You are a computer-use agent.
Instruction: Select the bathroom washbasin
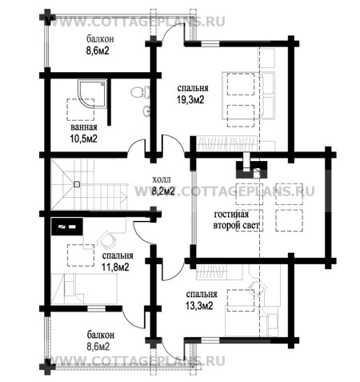click(146, 111)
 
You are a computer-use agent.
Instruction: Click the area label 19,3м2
click(190, 100)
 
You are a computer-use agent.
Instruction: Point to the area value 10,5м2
click(83, 139)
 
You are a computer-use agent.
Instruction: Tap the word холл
click(161, 179)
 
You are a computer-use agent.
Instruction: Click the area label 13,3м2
click(199, 306)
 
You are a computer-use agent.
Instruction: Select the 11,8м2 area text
click(115, 267)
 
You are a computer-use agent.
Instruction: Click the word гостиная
click(231, 214)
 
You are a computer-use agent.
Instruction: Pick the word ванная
click(84, 127)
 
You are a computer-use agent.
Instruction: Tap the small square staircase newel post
click(77, 184)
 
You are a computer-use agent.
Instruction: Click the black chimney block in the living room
click(251, 169)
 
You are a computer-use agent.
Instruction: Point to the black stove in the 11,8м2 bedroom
click(67, 227)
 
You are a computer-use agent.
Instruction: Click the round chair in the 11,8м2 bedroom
click(108, 240)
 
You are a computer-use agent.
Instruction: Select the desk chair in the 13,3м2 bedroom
click(258, 288)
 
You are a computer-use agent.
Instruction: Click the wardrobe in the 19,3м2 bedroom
click(226, 143)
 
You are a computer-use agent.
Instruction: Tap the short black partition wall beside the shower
click(109, 102)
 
